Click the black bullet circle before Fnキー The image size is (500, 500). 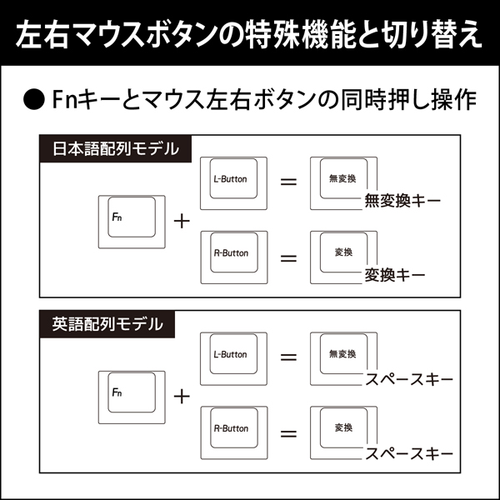pyautogui.click(x=33, y=100)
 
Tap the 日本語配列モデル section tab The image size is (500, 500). pyautogui.click(x=115, y=149)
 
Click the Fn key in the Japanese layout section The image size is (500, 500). pyautogui.click(x=132, y=221)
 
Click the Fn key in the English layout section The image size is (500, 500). pyautogui.click(x=132, y=394)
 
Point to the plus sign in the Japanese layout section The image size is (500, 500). pyautogui.click(x=181, y=221)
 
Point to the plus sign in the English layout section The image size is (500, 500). pyautogui.click(x=181, y=395)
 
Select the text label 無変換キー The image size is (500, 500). pyautogui.click(x=402, y=201)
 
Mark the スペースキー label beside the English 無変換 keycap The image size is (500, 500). pyautogui.click(x=409, y=380)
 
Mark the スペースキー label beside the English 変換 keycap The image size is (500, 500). pyautogui.click(x=409, y=454)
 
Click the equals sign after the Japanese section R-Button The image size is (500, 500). pyautogui.click(x=288, y=257)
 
